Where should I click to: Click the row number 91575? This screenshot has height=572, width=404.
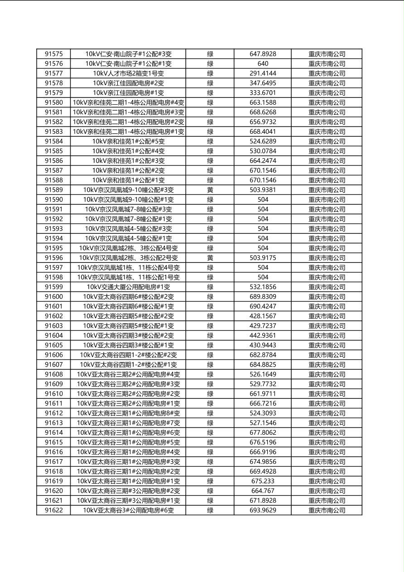coord(53,54)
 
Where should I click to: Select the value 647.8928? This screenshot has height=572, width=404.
coord(263,54)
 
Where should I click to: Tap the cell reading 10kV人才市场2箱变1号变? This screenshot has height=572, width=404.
coord(128,73)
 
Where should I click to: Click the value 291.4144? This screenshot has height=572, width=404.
coord(263,73)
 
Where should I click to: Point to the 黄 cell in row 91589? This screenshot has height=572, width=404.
coord(210,190)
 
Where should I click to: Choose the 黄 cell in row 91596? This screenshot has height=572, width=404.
coord(210,258)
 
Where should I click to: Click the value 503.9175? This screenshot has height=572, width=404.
coord(263,258)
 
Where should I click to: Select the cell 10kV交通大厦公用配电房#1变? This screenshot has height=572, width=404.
coord(128,287)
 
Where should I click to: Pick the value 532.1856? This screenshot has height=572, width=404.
coord(263,287)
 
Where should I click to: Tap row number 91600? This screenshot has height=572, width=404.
coord(53,297)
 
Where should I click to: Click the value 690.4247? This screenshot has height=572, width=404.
coord(263,306)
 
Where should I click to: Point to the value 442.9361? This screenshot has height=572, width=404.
coord(263,335)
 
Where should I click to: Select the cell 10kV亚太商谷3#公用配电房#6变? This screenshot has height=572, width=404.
coord(128,510)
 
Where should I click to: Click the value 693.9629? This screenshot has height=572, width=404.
coord(263,510)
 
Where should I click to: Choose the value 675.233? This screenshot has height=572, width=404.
coord(263,481)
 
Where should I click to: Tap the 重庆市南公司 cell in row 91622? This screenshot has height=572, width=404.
coord(327,510)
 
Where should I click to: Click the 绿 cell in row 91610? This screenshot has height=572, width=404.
coord(210,394)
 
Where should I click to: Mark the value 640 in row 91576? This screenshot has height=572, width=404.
coord(263,64)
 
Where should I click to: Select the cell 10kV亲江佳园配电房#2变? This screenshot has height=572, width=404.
coord(128,83)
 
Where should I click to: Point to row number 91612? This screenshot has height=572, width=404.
coord(53,413)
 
